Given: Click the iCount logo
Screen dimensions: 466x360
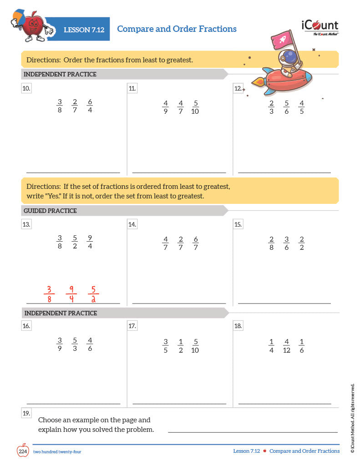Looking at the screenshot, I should pyautogui.click(x=319, y=27).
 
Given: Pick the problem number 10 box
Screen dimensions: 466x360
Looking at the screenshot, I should pyautogui.click(x=26, y=89).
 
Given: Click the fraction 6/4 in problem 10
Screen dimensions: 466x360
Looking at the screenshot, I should pyautogui.click(x=90, y=106).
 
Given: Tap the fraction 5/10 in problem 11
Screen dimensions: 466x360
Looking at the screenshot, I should pyautogui.click(x=195, y=107).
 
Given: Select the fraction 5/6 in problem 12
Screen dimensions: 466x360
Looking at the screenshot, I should pyautogui.click(x=286, y=107).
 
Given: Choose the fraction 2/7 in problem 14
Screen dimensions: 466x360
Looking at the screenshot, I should pyautogui.click(x=181, y=243).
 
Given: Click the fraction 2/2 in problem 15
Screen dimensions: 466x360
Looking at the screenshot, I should pyautogui.click(x=301, y=243).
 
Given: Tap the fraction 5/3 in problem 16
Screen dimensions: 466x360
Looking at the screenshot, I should pyautogui.click(x=75, y=344).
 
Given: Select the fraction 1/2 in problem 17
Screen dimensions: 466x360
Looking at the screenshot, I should pyautogui.click(x=181, y=345).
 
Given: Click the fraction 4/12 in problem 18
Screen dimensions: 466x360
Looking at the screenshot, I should pyautogui.click(x=286, y=345).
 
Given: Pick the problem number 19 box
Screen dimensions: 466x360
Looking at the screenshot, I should pyautogui.click(x=26, y=413).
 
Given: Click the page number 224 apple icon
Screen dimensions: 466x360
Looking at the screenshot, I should pyautogui.click(x=23, y=450).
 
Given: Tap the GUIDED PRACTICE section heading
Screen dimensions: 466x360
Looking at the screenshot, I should pyautogui.click(x=51, y=211).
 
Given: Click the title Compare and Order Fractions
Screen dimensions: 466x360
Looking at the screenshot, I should pyautogui.click(x=177, y=29).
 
